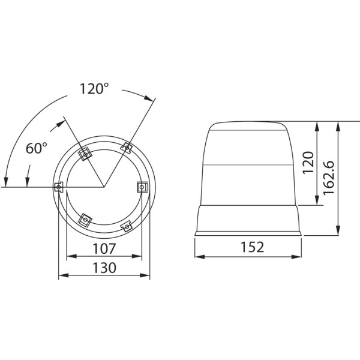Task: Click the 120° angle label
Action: tap(94, 89)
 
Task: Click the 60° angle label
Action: tap(36, 148)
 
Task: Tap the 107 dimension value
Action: tap(104, 248)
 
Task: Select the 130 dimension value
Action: tap(104, 268)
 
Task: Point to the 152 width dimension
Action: tap(252, 247)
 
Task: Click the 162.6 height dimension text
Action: tap(329, 178)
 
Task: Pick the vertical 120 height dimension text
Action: tap(308, 163)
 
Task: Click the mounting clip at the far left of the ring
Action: tap(58, 187)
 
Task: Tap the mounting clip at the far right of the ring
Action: tap(142, 187)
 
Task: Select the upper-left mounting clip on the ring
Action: tap(85, 154)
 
